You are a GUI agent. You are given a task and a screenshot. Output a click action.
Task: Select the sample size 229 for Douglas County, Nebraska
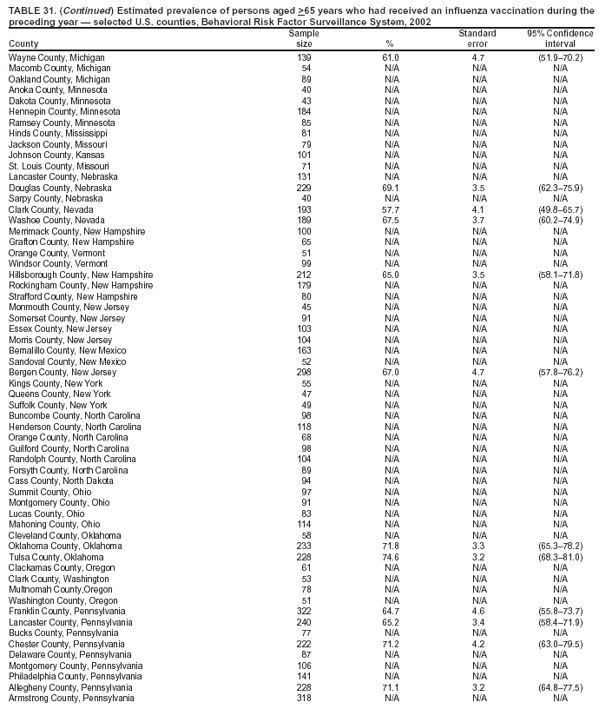click(x=304, y=188)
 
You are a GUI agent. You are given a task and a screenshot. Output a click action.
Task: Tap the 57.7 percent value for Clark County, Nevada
click(x=391, y=209)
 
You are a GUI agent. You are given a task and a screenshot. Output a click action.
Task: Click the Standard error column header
click(x=477, y=38)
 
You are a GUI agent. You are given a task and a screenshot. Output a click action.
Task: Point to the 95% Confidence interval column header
click(x=560, y=38)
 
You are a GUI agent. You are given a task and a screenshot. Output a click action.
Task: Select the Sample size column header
click(x=304, y=38)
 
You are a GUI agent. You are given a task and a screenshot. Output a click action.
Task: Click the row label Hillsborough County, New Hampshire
click(x=81, y=275)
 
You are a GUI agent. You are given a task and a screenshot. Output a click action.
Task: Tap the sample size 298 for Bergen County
click(x=304, y=372)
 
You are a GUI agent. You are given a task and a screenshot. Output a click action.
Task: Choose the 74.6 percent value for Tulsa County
click(x=391, y=557)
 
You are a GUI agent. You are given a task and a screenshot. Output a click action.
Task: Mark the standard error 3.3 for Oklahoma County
click(x=477, y=546)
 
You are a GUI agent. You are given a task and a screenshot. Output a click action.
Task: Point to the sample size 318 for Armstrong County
click(x=304, y=698)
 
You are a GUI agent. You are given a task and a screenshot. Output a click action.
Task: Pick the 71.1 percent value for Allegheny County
click(x=391, y=687)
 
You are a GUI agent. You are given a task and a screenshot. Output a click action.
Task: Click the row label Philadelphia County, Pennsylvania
click(x=75, y=676)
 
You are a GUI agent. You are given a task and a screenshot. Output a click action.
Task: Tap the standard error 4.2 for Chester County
click(x=477, y=644)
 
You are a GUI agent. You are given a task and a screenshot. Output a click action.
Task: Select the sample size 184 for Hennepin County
click(x=304, y=111)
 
